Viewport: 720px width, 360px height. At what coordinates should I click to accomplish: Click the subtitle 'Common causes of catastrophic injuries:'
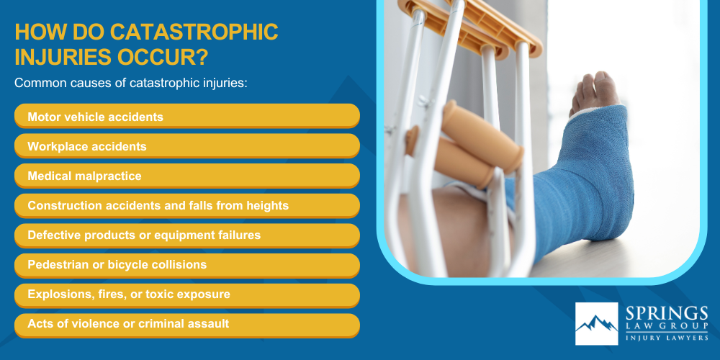tap(131, 83)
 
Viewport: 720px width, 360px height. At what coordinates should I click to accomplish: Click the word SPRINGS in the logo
tap(666, 314)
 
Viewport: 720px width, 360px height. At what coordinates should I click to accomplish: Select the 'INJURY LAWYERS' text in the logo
tap(666, 336)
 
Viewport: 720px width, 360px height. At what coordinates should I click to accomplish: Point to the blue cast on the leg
tap(590, 180)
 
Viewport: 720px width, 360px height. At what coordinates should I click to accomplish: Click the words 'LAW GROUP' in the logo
tap(666, 327)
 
